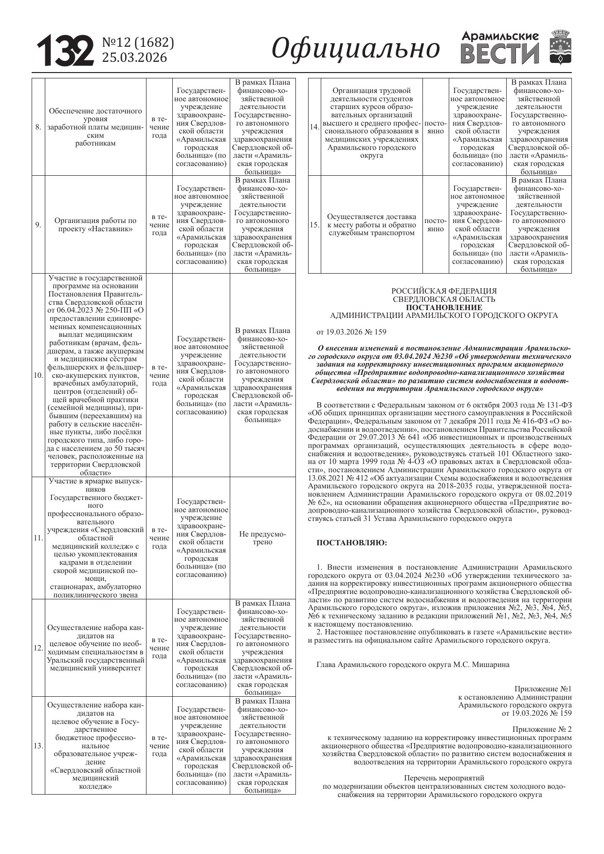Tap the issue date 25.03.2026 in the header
click(134, 58)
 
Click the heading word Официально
click(355, 49)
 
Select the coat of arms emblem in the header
click(560, 47)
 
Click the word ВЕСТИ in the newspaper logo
click(500, 54)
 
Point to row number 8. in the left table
click(38, 128)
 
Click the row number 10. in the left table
click(38, 375)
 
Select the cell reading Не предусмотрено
click(262, 538)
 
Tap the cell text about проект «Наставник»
click(95, 224)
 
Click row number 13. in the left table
click(38, 745)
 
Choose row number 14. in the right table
click(314, 127)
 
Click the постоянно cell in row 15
click(435, 225)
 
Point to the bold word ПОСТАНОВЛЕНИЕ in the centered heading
click(444, 308)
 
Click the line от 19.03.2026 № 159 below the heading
click(351, 332)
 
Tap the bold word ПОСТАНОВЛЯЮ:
click(352, 542)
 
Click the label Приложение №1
click(543, 689)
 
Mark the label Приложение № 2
click(542, 729)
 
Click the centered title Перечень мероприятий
click(444, 778)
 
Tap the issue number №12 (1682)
click(138, 43)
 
